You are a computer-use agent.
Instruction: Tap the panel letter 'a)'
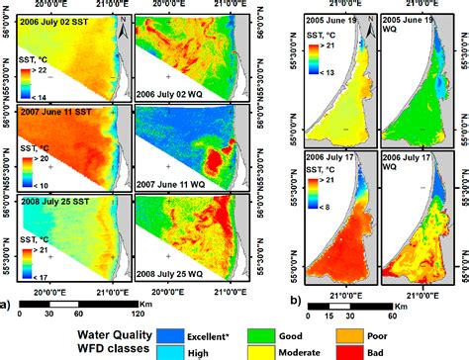click(7, 293)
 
